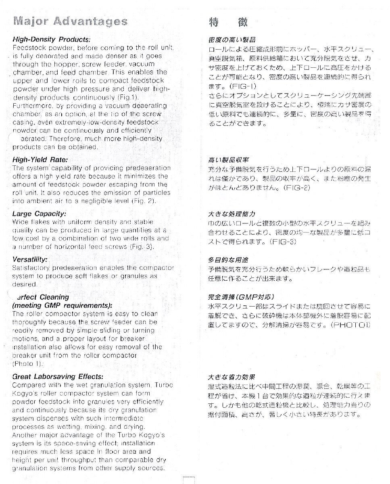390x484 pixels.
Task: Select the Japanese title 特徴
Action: tap(228, 22)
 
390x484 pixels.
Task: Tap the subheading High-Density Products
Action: tap(51, 40)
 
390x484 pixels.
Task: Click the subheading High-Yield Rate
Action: tap(40, 159)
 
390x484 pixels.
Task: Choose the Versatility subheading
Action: tap(30, 259)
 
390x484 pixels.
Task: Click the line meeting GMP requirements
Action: tap(62, 305)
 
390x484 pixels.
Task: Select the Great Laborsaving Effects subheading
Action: tap(58, 376)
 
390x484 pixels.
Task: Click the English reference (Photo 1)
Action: tap(28, 364)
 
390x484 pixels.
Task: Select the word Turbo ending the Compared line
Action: tap(165, 385)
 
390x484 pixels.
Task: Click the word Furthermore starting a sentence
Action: tap(31, 106)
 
